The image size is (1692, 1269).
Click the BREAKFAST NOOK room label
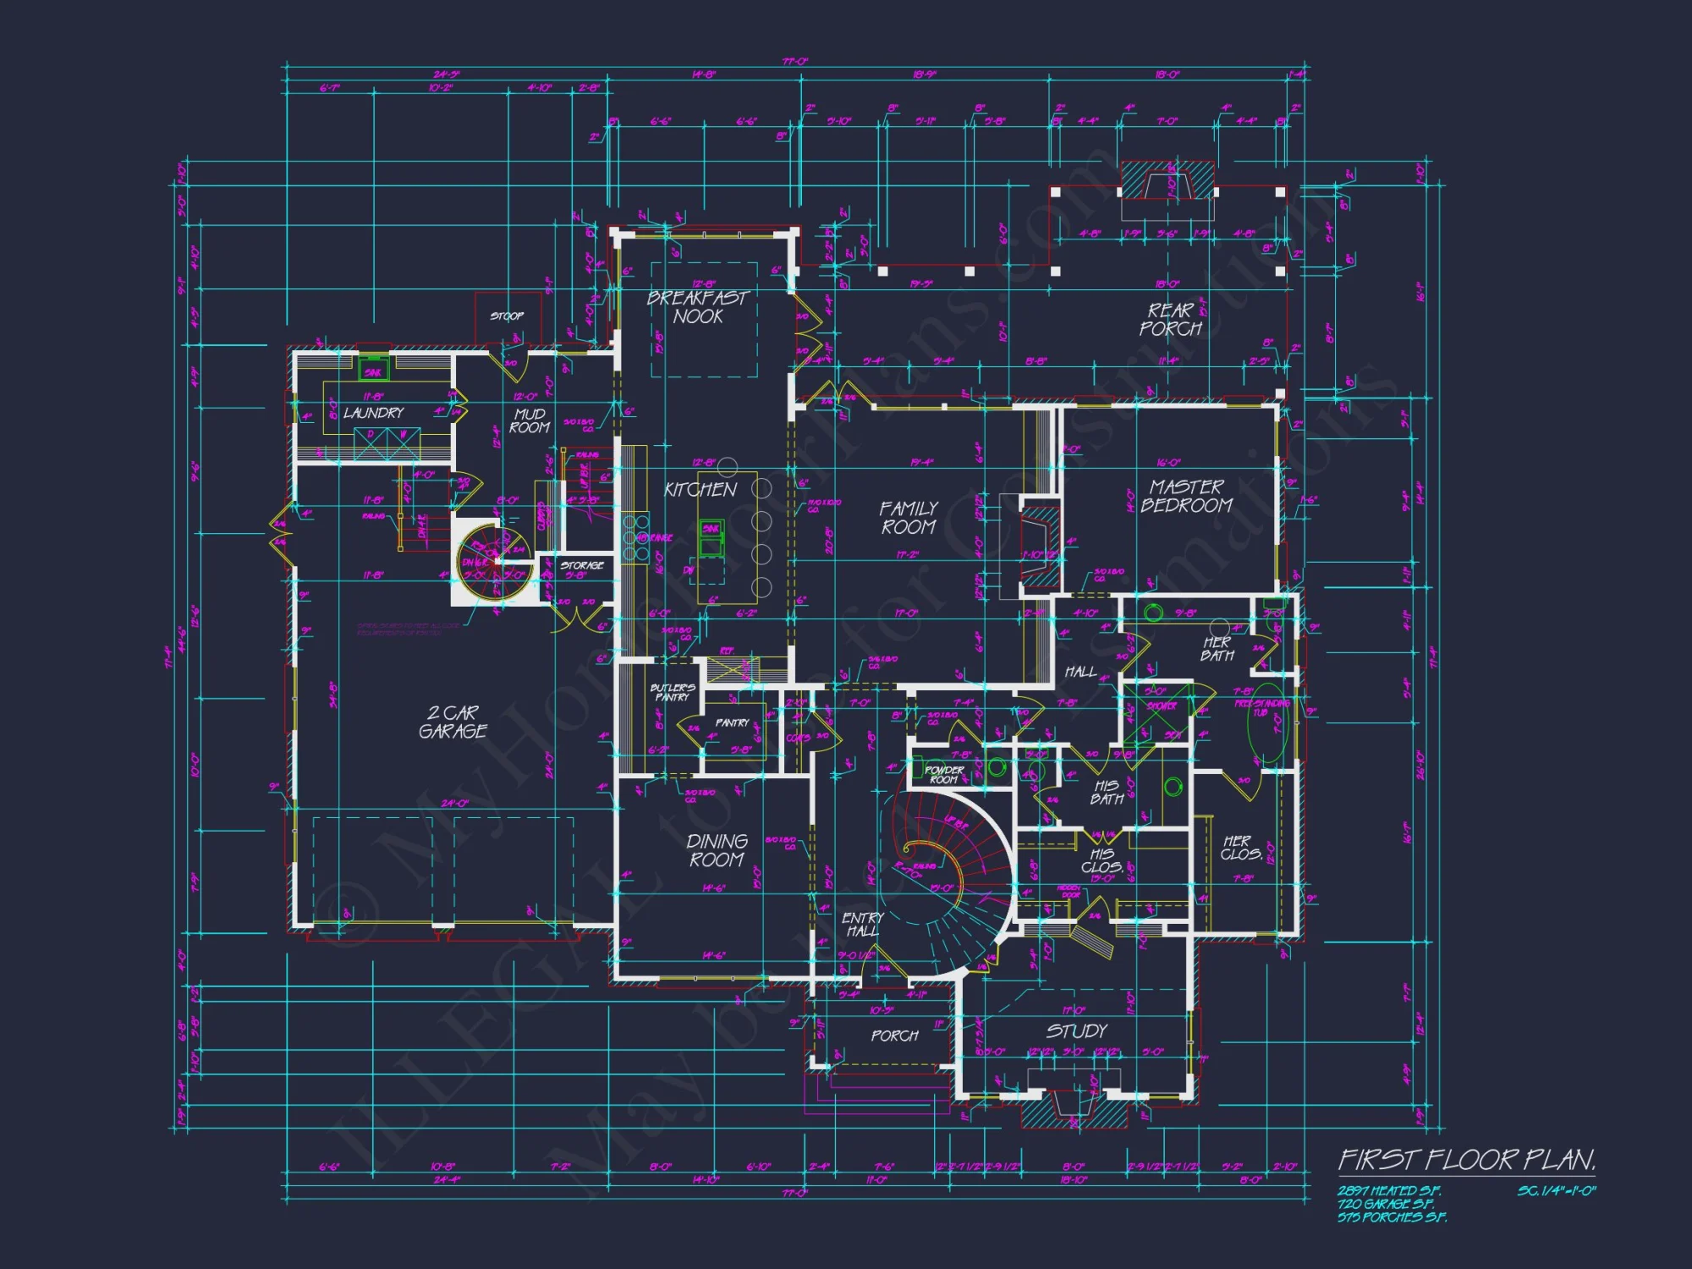[698, 307]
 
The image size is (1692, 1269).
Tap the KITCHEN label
[700, 490]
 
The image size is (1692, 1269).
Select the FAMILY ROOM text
[909, 518]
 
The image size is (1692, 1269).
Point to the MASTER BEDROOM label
[1186, 497]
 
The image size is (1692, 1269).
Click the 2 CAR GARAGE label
[453, 722]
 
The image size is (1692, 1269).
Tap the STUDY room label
[1076, 1031]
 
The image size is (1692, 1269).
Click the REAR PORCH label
[1171, 320]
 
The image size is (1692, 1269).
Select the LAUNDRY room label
[374, 413]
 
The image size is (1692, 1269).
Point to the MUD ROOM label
[530, 420]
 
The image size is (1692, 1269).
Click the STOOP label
[507, 316]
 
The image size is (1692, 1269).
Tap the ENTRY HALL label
[862, 925]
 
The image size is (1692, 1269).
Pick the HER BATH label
[1217, 649]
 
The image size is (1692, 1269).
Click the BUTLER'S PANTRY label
[673, 693]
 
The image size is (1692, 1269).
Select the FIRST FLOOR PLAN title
[1466, 1160]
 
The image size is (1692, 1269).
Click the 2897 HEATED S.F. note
[1388, 1191]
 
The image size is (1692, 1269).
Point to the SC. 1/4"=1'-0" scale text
[1556, 1191]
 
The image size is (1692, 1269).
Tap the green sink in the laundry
[372, 371]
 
